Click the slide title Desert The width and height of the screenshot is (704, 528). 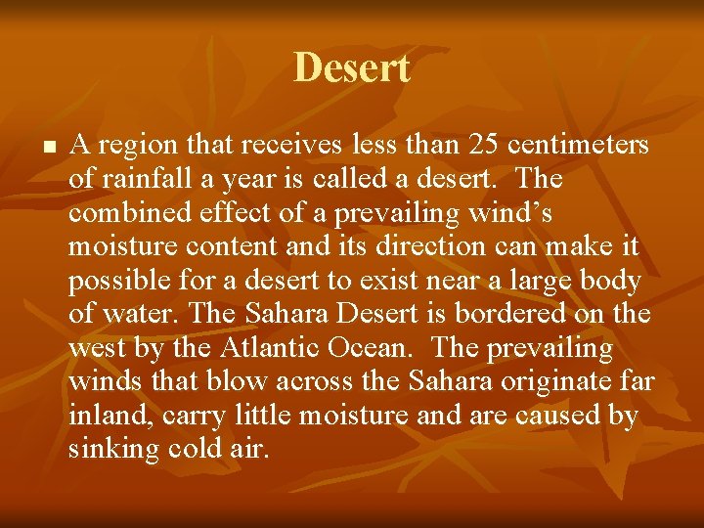click(x=351, y=68)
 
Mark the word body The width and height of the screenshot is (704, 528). click(x=611, y=282)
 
